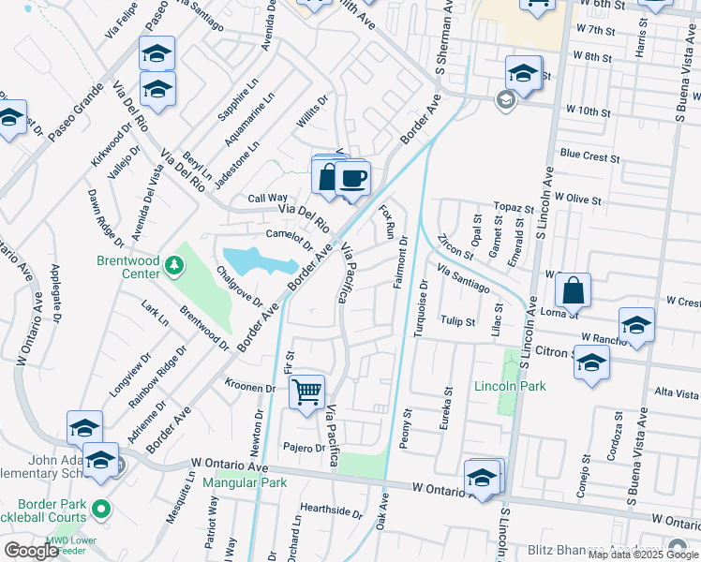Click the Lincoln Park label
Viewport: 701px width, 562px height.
[x=510, y=386]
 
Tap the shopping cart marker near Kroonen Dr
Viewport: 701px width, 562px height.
[x=307, y=392]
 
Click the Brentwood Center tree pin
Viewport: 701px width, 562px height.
[x=172, y=267]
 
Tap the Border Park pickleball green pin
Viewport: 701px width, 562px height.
[x=101, y=510]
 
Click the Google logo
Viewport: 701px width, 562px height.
[x=32, y=550]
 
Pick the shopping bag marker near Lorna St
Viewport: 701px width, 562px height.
[x=573, y=291]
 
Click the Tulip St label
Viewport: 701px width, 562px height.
[x=458, y=320]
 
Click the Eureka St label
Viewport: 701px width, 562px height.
[x=448, y=408]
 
